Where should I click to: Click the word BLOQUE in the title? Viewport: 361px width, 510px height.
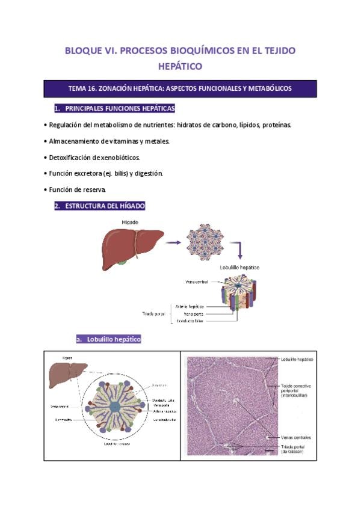point(84,51)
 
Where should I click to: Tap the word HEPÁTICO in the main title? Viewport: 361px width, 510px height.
point(180,66)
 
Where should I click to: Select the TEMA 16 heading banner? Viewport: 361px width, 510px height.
point(180,88)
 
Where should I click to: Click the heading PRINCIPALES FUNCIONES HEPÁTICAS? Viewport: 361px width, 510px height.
point(114,108)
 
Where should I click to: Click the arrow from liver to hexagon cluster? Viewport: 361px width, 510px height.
point(174,242)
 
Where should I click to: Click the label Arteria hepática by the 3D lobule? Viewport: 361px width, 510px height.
point(190,306)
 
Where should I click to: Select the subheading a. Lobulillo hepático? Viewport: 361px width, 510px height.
point(108,339)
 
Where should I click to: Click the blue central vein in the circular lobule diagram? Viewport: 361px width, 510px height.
point(115,407)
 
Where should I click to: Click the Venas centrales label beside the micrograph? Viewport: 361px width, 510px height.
point(295,437)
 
